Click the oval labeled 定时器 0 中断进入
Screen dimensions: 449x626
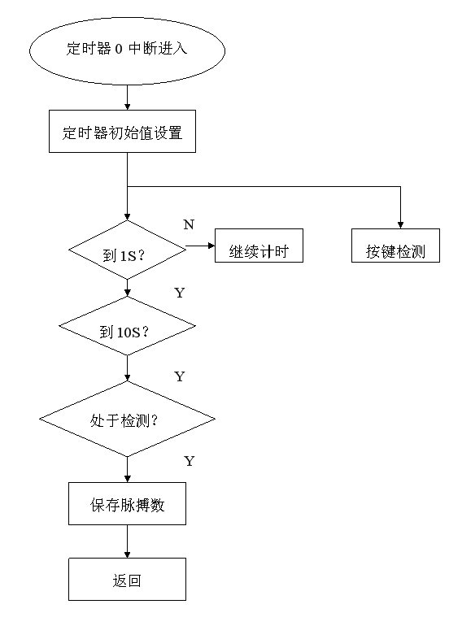point(127,50)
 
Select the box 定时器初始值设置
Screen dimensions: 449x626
point(122,132)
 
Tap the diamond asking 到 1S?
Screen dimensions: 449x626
point(127,250)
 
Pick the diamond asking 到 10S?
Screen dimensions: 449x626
point(127,326)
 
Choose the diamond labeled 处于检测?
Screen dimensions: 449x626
point(127,419)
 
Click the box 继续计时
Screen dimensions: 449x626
point(259,246)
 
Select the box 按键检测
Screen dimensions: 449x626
point(395,246)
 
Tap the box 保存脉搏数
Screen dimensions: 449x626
point(127,503)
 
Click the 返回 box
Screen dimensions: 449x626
point(127,580)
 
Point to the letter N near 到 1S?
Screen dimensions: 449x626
point(189,224)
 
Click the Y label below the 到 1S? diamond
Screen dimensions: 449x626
point(180,293)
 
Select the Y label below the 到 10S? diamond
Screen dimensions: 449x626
point(180,376)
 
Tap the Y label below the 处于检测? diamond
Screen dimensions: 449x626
point(189,461)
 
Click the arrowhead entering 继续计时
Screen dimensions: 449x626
point(211,246)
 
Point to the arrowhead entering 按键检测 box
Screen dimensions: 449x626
point(400,225)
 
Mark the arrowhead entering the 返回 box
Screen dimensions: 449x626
point(127,555)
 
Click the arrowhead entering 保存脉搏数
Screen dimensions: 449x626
point(127,479)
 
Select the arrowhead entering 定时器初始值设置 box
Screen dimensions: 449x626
point(127,107)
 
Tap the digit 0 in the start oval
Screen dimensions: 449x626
point(119,49)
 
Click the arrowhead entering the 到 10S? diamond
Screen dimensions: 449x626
point(127,293)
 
